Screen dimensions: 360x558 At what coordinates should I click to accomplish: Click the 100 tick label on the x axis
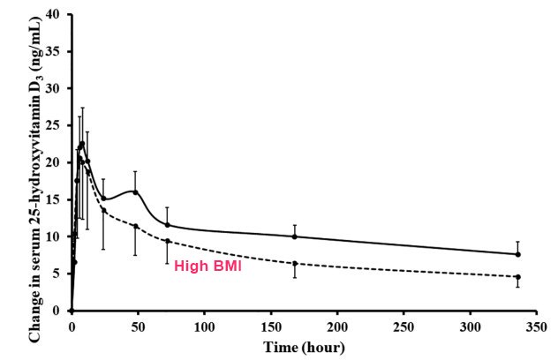205,325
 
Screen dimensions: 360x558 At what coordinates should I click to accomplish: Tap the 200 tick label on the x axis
337,325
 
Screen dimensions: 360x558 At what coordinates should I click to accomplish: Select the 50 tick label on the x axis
139,325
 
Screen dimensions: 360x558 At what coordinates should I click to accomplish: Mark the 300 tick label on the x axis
470,325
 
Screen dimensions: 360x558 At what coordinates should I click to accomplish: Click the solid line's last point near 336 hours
517,254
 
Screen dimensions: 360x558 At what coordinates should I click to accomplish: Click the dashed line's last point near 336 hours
517,277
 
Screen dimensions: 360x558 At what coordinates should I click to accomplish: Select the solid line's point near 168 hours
295,236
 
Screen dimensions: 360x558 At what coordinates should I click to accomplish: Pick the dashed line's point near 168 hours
295,263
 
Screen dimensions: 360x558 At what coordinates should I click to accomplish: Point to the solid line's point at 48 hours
135,191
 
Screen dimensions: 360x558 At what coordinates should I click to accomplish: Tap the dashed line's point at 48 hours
135,226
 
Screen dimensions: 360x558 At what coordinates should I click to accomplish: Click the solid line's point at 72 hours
167,224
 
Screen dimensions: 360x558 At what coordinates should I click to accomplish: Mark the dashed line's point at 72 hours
167,241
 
